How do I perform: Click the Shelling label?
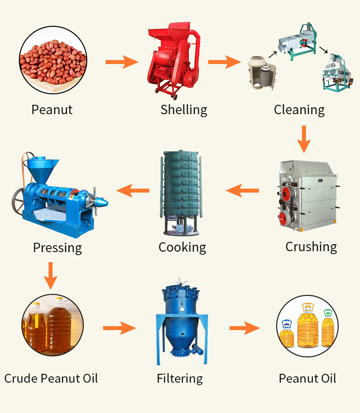[183, 110]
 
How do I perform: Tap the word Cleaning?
[299, 110]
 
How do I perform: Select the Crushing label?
[311, 247]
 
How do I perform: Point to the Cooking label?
[182, 248]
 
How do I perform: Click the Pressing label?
[58, 248]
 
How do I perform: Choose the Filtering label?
[180, 379]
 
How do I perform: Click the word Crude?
[22, 378]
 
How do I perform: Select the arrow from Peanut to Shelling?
[122, 62]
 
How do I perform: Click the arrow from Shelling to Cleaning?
[225, 62]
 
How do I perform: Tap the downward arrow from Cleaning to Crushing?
[304, 139]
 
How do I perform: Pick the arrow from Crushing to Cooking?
[242, 191]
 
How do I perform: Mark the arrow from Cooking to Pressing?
[132, 191]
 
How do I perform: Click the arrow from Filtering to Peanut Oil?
[244, 328]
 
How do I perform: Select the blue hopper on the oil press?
[42, 170]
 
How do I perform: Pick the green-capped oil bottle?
[328, 328]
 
